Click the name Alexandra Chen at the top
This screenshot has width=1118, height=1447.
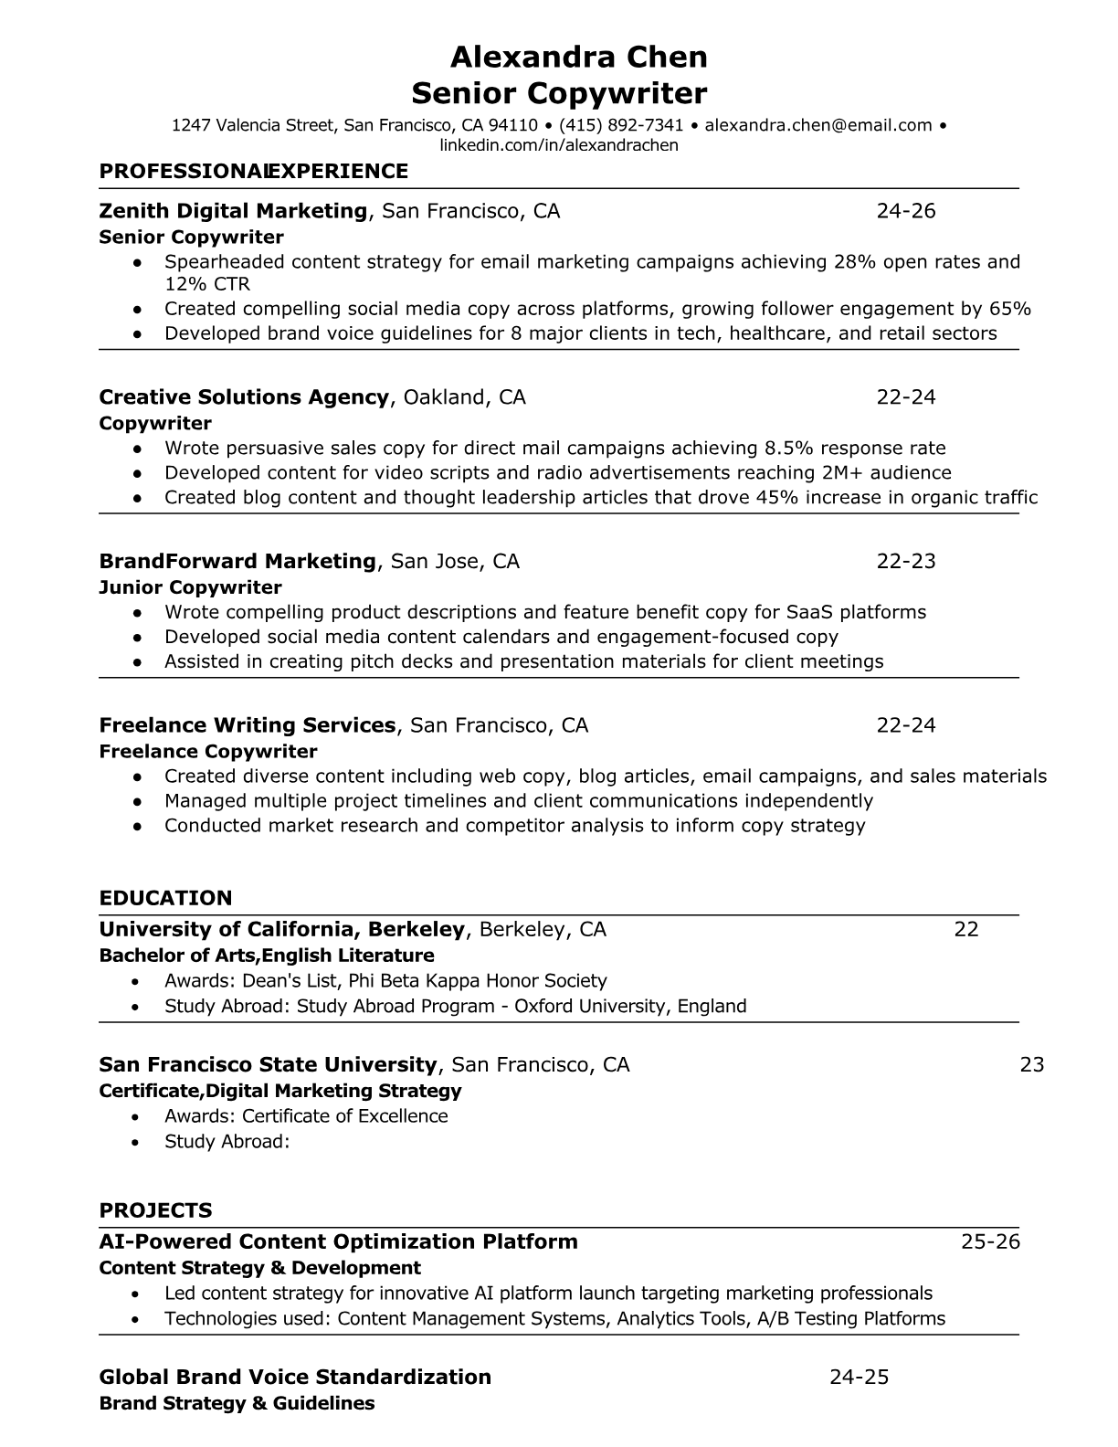(578, 58)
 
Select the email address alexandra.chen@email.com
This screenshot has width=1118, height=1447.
(817, 125)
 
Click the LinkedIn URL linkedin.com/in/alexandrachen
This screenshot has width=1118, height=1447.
(559, 145)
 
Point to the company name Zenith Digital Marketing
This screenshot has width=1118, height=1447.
(232, 211)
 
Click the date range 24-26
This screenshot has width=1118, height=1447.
(905, 211)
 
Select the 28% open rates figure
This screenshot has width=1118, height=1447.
(855, 262)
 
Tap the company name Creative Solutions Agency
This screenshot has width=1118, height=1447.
(244, 397)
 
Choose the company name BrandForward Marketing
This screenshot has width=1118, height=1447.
(237, 561)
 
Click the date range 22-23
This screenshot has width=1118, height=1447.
(905, 561)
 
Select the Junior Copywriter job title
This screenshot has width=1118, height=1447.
(190, 587)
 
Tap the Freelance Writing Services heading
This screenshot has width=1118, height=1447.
(247, 725)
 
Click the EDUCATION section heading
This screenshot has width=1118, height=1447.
(165, 898)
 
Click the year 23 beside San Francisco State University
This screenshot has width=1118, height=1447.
(1031, 1064)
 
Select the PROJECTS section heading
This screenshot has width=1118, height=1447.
(155, 1210)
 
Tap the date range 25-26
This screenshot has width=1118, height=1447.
(990, 1241)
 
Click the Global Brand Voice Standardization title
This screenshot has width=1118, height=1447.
(294, 1377)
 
